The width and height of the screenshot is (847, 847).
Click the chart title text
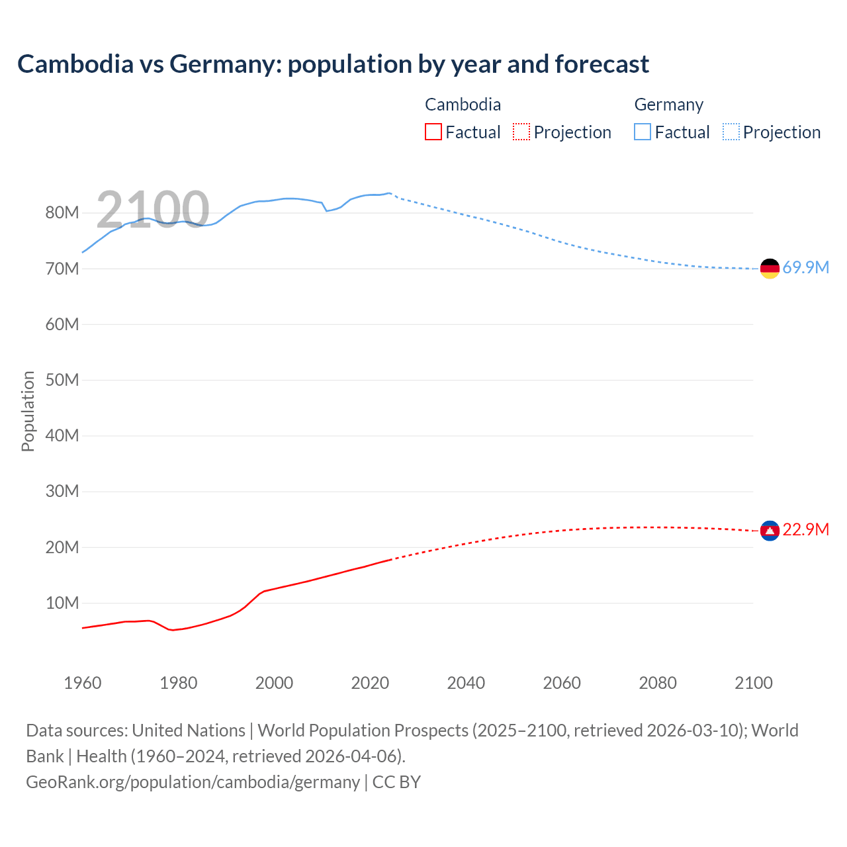pos(333,64)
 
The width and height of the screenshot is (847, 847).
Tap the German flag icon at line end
pos(770,268)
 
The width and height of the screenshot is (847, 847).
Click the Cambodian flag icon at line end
pos(770,530)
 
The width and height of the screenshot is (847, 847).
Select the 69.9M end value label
pos(805,268)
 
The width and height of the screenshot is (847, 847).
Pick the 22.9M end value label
pos(805,530)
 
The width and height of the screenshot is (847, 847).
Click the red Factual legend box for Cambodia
pos(433,132)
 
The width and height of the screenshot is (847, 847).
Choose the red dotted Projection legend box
pos(521,132)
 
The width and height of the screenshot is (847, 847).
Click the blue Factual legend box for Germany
pos(643,132)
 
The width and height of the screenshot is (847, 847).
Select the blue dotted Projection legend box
pos(731,132)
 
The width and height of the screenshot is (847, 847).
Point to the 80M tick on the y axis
pos(62,213)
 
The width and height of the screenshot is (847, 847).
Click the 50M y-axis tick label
pos(62,380)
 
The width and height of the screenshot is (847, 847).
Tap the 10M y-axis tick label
pos(62,603)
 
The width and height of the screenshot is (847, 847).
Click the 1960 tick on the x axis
pos(83,684)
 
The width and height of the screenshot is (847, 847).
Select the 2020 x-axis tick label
pos(370,684)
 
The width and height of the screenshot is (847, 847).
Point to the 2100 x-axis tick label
pos(753,684)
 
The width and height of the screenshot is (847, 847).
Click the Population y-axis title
pos(28,411)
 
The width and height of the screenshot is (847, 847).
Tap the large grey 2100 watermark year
pos(153,210)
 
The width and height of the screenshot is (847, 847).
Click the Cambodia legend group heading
pos(463,105)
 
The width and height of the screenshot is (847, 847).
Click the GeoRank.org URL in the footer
pos(193,782)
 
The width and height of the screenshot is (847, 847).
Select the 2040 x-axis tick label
pos(466,684)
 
